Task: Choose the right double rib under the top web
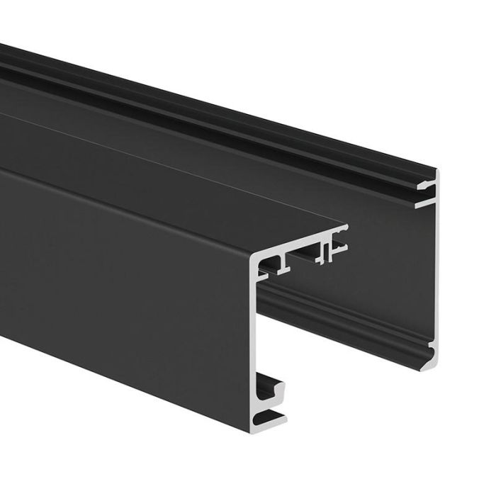pos(325,252)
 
